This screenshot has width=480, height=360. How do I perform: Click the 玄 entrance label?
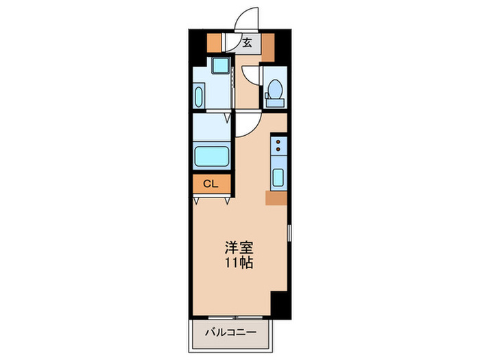(x=247, y=43)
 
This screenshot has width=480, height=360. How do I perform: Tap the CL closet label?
(x=210, y=184)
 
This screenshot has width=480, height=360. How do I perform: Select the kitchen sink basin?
(x=279, y=178)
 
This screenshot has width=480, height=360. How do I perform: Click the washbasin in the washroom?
(x=199, y=95)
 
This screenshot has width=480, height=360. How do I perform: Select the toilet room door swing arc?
(x=252, y=75)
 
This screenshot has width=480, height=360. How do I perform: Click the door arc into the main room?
(x=248, y=123)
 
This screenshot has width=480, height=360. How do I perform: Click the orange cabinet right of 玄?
(x=266, y=43)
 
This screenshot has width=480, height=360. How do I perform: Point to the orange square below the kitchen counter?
(x=277, y=198)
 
